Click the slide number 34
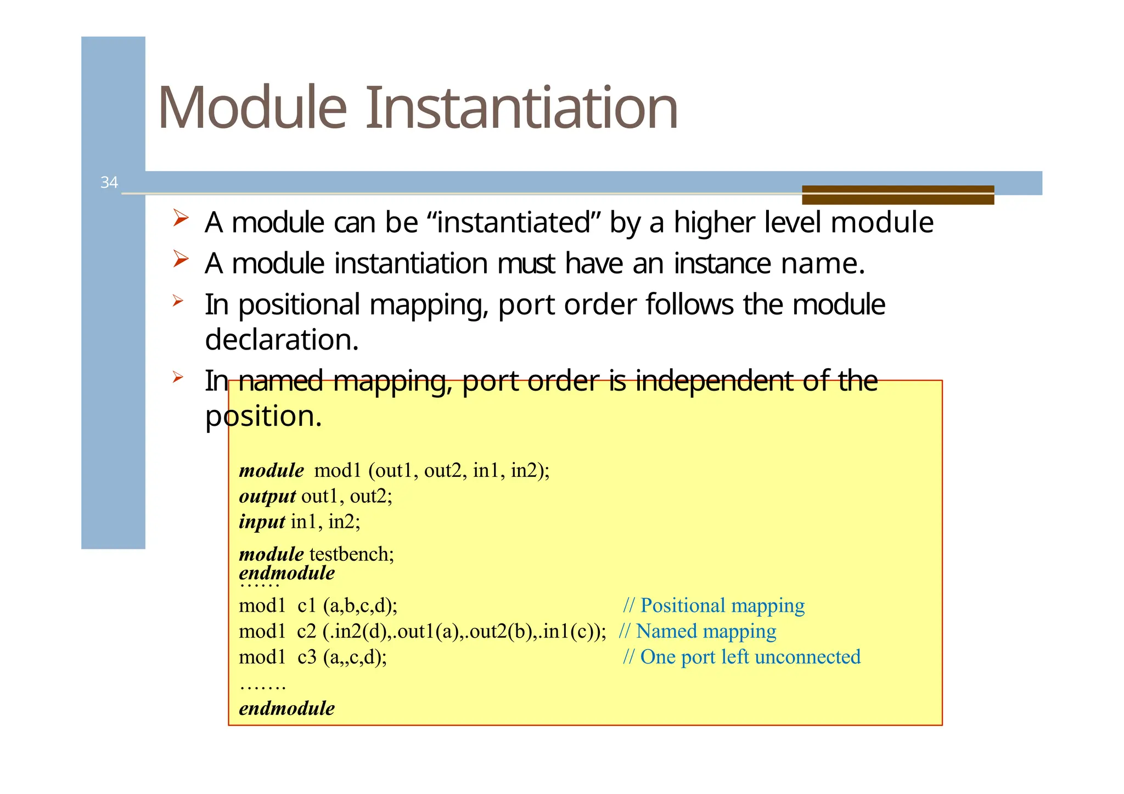click(109, 183)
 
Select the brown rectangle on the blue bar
click(897, 195)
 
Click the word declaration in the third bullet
click(282, 340)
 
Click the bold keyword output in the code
click(267, 496)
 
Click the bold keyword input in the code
click(262, 521)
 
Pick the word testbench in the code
click(351, 554)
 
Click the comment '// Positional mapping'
click(713, 605)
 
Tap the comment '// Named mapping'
click(697, 631)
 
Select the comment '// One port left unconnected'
click(741, 657)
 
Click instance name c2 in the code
click(306, 632)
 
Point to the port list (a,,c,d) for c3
click(355, 657)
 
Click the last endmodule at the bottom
click(286, 708)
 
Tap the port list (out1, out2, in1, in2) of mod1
click(458, 471)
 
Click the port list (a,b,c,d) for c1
click(360, 606)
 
